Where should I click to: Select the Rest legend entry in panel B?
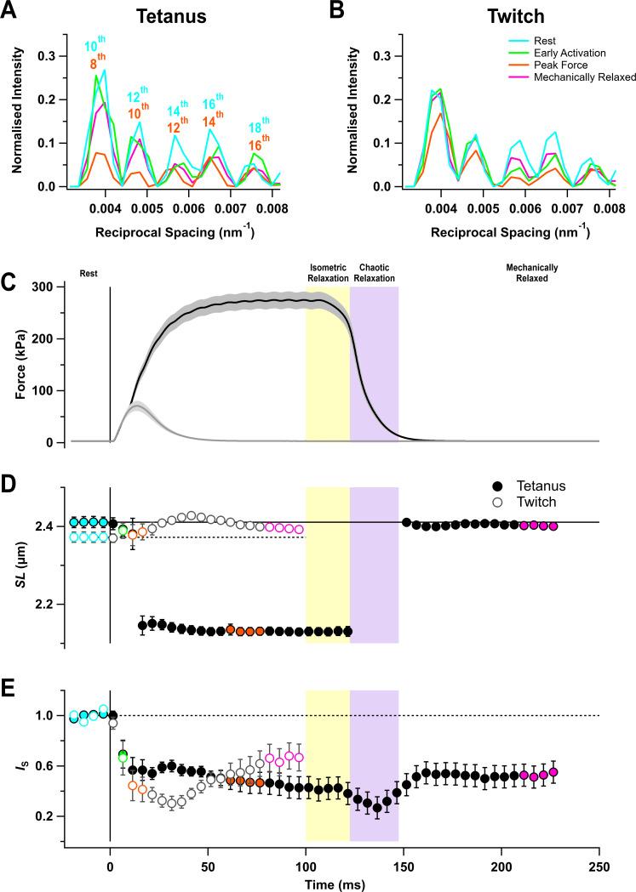pos(540,40)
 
